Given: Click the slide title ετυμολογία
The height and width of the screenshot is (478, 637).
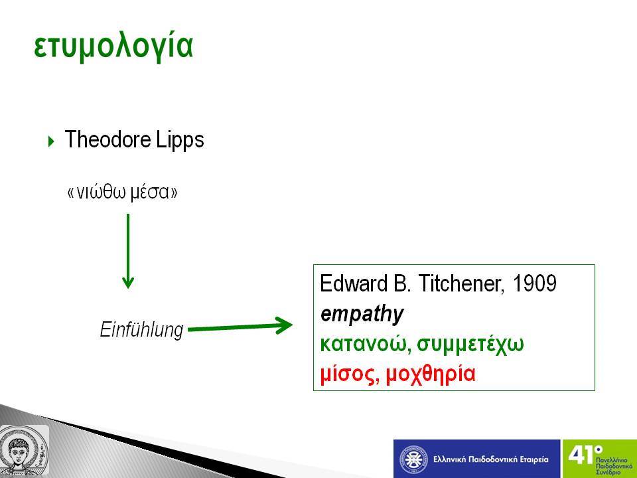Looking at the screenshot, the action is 113,46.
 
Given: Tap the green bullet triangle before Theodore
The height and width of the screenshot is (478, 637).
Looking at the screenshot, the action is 51,141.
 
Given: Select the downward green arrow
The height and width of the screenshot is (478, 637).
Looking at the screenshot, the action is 128,251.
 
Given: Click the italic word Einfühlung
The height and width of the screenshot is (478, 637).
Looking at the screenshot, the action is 141,329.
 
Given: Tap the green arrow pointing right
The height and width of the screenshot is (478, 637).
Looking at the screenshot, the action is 240,326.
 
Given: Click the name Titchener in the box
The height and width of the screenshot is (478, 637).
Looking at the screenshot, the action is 461,283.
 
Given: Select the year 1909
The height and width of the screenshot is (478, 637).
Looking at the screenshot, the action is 535,283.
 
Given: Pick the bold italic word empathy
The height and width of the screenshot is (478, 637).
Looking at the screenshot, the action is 362,314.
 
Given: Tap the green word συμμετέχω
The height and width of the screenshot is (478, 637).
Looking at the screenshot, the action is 470,345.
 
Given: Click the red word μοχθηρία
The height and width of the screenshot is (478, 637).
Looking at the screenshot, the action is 430,374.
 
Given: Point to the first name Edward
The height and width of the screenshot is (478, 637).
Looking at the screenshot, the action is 354,283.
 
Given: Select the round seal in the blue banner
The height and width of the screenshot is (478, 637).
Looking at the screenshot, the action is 413,459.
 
